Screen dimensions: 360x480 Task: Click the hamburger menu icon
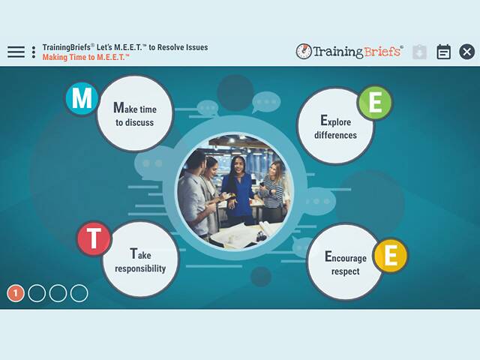[16, 52]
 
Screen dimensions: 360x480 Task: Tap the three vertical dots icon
[34, 52]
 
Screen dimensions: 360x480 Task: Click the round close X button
[466, 52]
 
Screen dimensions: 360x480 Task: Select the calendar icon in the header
[443, 52]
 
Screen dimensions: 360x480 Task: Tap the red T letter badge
[94, 239]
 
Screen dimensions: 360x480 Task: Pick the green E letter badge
[374, 103]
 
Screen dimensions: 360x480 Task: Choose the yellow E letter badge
[390, 256]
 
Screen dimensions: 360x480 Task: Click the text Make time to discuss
[134, 114]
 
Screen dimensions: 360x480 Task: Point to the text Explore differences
[335, 127]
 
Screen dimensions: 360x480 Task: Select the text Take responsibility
[140, 260]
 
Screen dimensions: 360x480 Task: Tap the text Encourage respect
[346, 264]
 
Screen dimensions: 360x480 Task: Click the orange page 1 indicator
[16, 293]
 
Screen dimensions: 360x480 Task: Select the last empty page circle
[79, 293]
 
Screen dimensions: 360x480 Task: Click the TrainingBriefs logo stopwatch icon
[304, 52]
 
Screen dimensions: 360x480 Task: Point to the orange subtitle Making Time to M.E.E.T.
[86, 57]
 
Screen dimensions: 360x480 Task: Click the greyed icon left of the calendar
[420, 52]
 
